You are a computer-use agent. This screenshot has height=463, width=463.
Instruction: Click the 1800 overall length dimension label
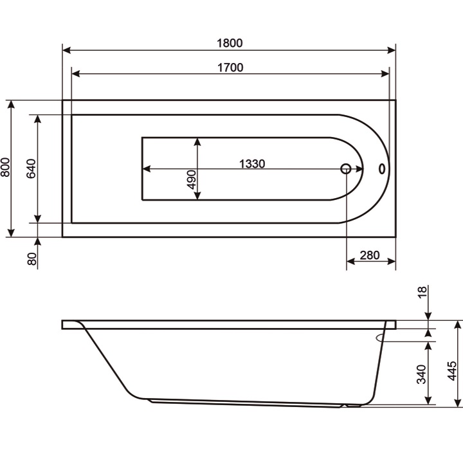coord(230,43)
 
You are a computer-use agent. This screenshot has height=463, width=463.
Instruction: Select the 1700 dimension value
coord(230,67)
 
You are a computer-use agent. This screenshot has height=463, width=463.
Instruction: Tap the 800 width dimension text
coord(6,168)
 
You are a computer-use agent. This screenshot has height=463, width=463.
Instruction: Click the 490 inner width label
coord(191,179)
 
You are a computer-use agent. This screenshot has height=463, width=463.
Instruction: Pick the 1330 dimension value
coord(252,163)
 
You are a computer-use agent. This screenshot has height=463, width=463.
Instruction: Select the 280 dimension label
coord(369,255)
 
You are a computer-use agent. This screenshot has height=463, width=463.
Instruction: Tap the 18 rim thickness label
coord(422,293)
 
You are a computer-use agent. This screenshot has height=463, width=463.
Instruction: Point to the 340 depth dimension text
coord(422,374)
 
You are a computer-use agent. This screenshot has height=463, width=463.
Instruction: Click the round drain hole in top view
coord(346,169)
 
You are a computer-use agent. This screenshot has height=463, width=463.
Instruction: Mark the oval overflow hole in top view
coord(382,169)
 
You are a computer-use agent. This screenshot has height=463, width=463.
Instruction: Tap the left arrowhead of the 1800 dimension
coord(67,50)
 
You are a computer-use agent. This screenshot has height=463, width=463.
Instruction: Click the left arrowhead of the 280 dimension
coord(351,262)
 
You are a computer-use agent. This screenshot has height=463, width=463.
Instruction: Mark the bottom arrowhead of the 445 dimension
coord(458,401)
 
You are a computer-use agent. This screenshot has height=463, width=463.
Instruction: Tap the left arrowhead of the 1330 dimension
coord(146,169)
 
